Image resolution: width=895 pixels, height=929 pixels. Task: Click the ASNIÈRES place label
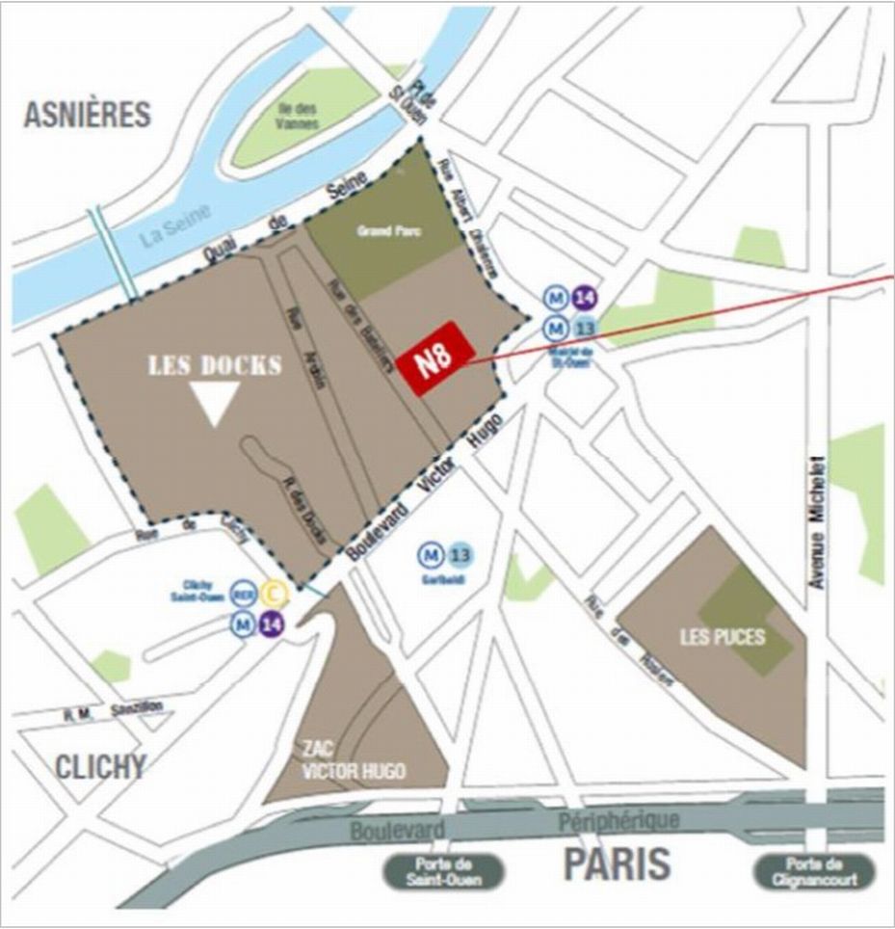88,114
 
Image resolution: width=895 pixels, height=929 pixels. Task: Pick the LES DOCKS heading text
214,366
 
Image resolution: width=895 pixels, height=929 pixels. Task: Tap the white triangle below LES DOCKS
214,401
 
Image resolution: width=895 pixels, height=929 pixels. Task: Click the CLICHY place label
100,767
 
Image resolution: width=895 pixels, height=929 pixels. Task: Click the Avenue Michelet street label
818,520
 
